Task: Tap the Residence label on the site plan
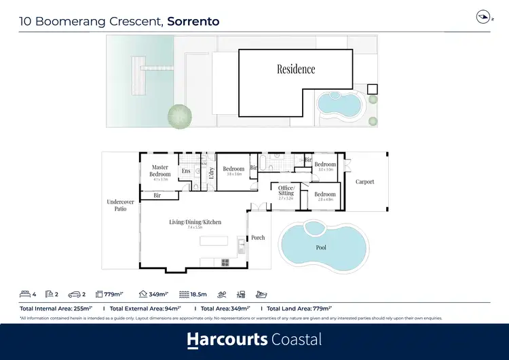click(296, 69)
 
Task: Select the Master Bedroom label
click(160, 170)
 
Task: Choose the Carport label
click(364, 182)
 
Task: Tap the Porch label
click(258, 238)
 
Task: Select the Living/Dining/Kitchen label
click(195, 222)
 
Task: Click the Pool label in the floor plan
click(321, 247)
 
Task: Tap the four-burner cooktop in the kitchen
click(225, 262)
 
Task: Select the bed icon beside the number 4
click(26, 295)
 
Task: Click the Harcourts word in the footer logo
click(227, 340)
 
